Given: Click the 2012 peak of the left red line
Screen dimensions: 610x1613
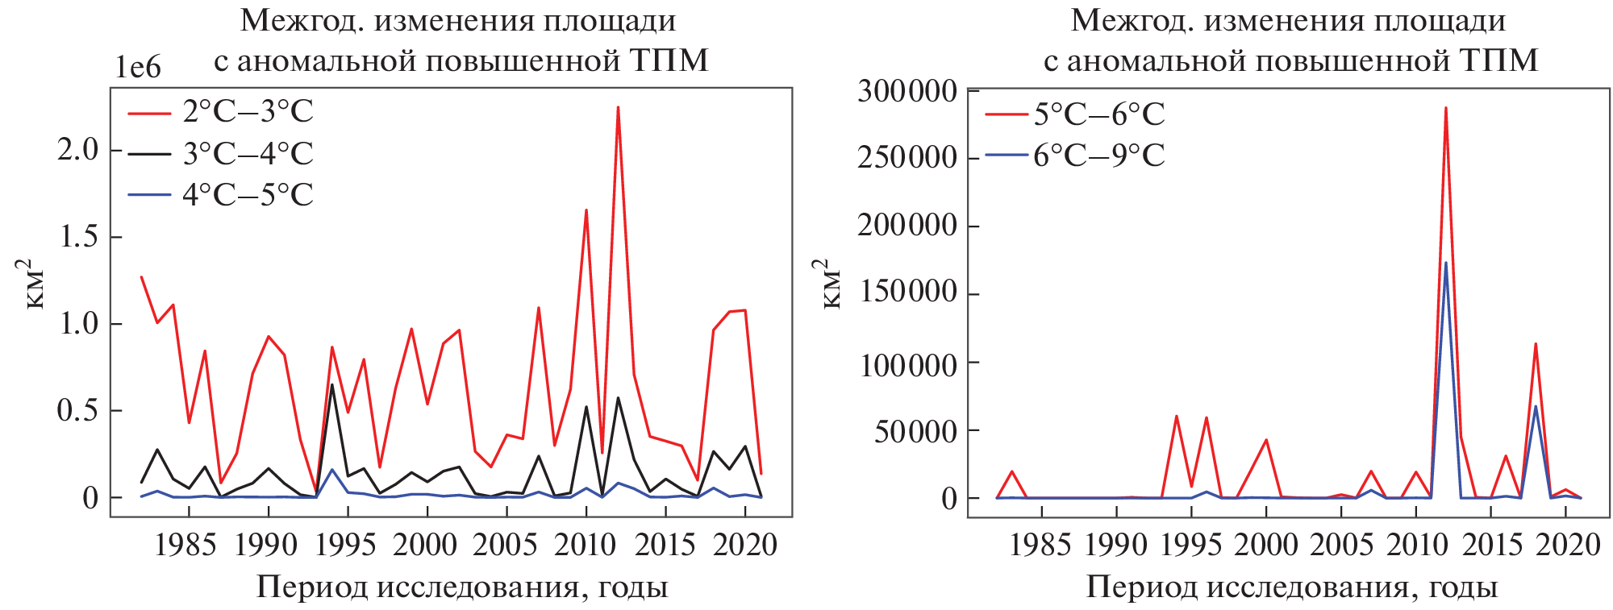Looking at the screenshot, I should point(618,107).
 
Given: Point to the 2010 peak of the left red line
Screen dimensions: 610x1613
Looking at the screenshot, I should point(586,210).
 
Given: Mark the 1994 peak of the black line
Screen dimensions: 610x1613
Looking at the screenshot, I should point(331,384).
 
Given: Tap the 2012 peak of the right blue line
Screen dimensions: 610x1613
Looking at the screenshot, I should point(1446,263).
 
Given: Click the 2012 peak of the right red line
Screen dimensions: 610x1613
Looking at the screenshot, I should point(1446,108).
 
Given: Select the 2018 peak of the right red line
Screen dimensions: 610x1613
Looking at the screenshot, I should point(1536,344).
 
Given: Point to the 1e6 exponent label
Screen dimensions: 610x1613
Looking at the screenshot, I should point(138,68).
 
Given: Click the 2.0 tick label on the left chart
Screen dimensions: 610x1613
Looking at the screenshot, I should point(77,150).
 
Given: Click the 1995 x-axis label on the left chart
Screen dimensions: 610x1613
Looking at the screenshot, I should point(345,546).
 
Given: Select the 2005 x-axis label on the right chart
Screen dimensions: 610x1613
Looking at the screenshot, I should point(1341,546).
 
